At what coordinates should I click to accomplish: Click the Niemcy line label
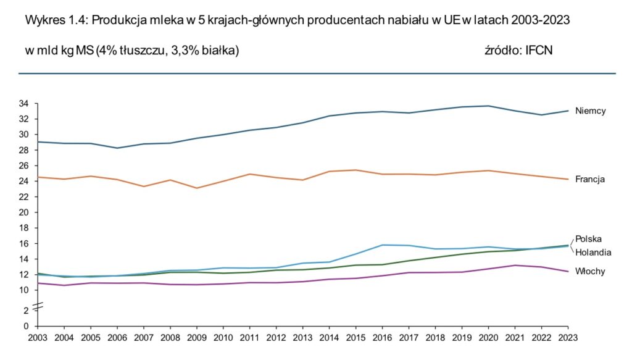pyautogui.click(x=590, y=111)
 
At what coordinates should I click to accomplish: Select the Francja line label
pyautogui.click(x=589, y=180)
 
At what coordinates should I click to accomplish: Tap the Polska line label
pyautogui.click(x=588, y=239)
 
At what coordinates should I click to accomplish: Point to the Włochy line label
pyautogui.click(x=590, y=272)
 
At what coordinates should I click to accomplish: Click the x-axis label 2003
pyautogui.click(x=38, y=338)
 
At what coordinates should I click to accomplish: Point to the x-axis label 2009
pyautogui.click(x=197, y=338)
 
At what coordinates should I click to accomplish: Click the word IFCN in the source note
pyautogui.click(x=538, y=50)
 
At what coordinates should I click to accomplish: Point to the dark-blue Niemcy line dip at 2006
pyautogui.click(x=117, y=148)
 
